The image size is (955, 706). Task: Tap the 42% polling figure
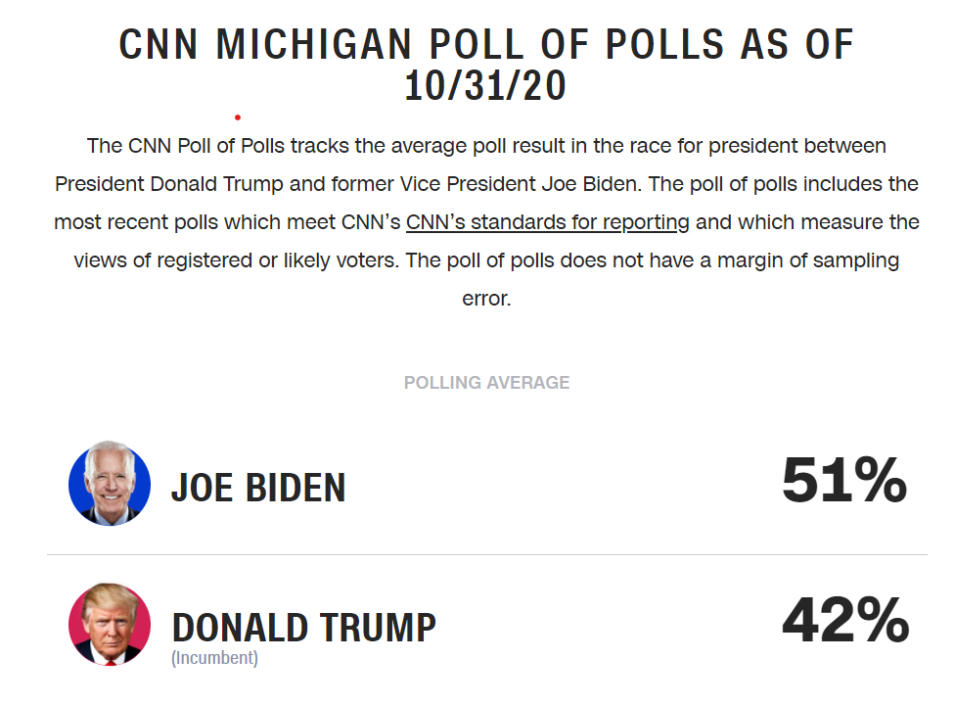coord(845,621)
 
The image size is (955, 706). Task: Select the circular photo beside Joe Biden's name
coord(110,484)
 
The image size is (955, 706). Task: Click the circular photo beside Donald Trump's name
coord(110,625)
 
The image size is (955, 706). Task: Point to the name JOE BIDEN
coord(258,487)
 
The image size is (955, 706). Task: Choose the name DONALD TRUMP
coord(303,627)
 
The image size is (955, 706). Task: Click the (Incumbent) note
coord(214,658)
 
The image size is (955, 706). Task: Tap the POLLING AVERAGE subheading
coord(486,383)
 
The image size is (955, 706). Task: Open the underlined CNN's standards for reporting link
coord(548,222)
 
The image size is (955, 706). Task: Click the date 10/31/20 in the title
coord(486,87)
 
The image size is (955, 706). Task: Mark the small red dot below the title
coord(238,118)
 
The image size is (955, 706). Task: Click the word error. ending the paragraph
coord(486,299)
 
